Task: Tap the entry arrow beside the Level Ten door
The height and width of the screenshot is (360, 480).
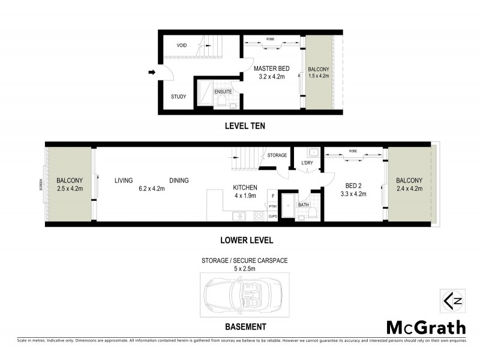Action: (152, 73)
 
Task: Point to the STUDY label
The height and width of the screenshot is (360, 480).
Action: (178, 97)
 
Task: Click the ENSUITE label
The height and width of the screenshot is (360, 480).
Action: (223, 92)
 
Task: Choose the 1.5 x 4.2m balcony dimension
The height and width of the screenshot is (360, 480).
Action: (318, 76)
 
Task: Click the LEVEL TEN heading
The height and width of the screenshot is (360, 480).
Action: (244, 126)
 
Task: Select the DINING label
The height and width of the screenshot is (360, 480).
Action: (179, 180)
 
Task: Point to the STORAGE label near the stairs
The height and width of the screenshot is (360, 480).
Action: (277, 155)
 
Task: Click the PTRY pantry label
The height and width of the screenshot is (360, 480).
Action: (272, 206)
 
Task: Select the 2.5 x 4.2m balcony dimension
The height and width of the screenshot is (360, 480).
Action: (69, 188)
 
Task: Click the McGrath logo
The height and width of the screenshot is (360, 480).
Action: (425, 328)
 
